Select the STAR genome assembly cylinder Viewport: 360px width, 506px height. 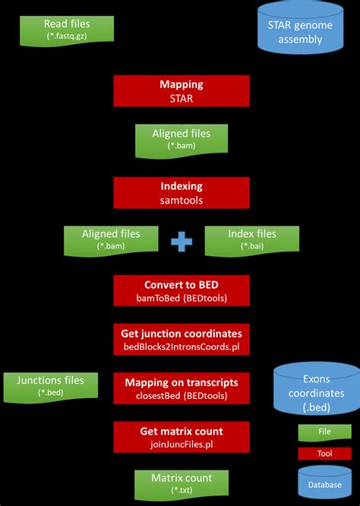pyautogui.click(x=301, y=30)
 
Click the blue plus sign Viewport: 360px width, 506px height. pyautogui.click(x=182, y=241)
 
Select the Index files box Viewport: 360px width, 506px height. pyautogui.click(x=251, y=240)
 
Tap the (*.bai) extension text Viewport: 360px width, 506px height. pyautogui.click(x=251, y=247)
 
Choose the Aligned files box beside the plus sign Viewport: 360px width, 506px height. pyautogui.click(x=110, y=240)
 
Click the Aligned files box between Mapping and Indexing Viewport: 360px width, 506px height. pyautogui.click(x=181, y=140)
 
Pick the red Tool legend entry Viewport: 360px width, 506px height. pyautogui.click(x=324, y=454)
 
